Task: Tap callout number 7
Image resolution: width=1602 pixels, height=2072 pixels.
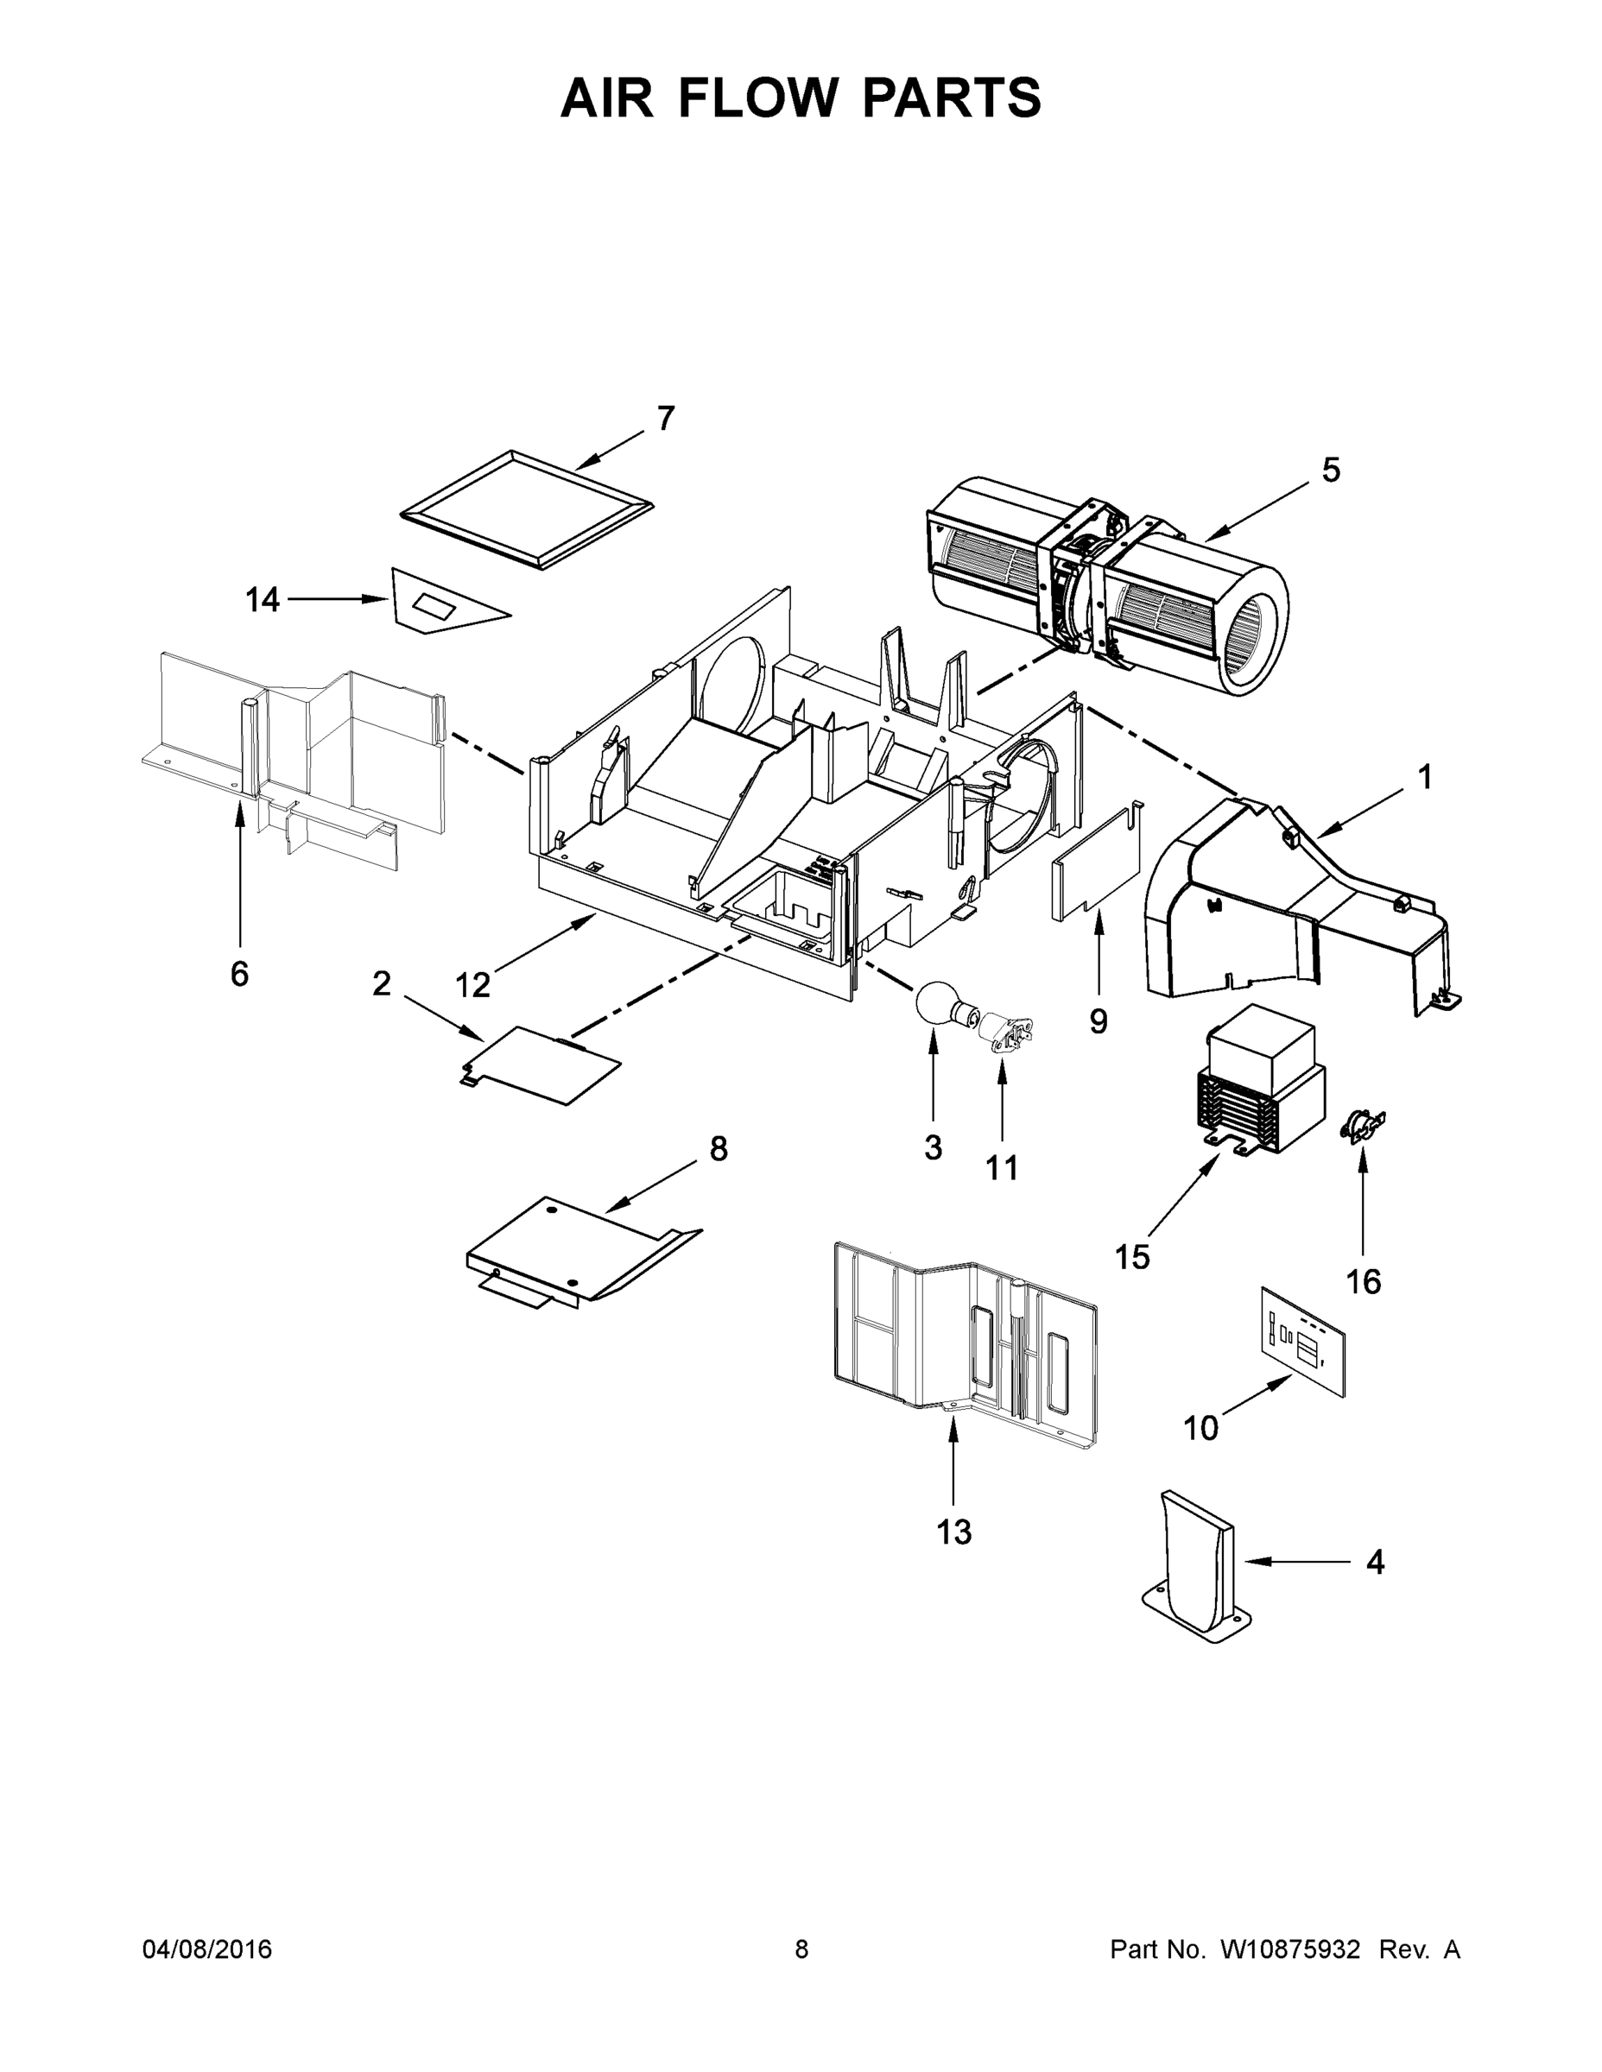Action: (x=665, y=419)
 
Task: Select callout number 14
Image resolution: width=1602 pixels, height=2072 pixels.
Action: (x=263, y=600)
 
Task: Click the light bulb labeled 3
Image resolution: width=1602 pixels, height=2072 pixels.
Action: (x=938, y=1006)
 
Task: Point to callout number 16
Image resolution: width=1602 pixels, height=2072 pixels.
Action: (x=1363, y=1283)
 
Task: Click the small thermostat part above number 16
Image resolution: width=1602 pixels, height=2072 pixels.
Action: (x=1360, y=1126)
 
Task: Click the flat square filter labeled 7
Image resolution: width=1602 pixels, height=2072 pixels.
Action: (x=528, y=509)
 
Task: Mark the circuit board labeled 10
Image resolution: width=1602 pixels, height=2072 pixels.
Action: (x=1304, y=1341)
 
